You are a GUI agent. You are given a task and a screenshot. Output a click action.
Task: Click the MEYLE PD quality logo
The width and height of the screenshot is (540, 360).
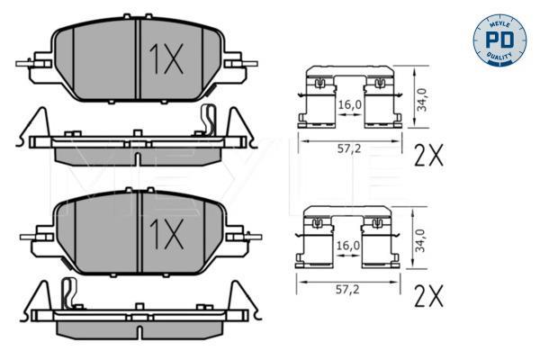[499, 40]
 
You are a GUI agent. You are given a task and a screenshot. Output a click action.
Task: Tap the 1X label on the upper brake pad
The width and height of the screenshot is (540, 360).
[166, 58]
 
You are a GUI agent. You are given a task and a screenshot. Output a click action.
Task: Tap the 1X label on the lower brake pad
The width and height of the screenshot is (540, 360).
[166, 234]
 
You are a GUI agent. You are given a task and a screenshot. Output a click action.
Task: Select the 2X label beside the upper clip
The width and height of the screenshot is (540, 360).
[428, 155]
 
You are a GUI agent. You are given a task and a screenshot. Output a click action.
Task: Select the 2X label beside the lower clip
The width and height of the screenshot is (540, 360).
[428, 295]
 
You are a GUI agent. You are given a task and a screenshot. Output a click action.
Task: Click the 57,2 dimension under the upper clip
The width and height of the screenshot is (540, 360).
[349, 148]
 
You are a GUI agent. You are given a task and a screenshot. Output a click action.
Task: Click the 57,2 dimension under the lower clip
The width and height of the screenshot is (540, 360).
[347, 290]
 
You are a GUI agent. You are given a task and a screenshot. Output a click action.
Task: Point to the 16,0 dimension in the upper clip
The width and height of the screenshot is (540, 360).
[350, 104]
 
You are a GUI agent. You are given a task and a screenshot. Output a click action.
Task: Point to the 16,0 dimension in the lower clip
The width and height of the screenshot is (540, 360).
[348, 246]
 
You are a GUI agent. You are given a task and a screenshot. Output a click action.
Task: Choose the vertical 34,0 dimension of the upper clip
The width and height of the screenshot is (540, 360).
[422, 100]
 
